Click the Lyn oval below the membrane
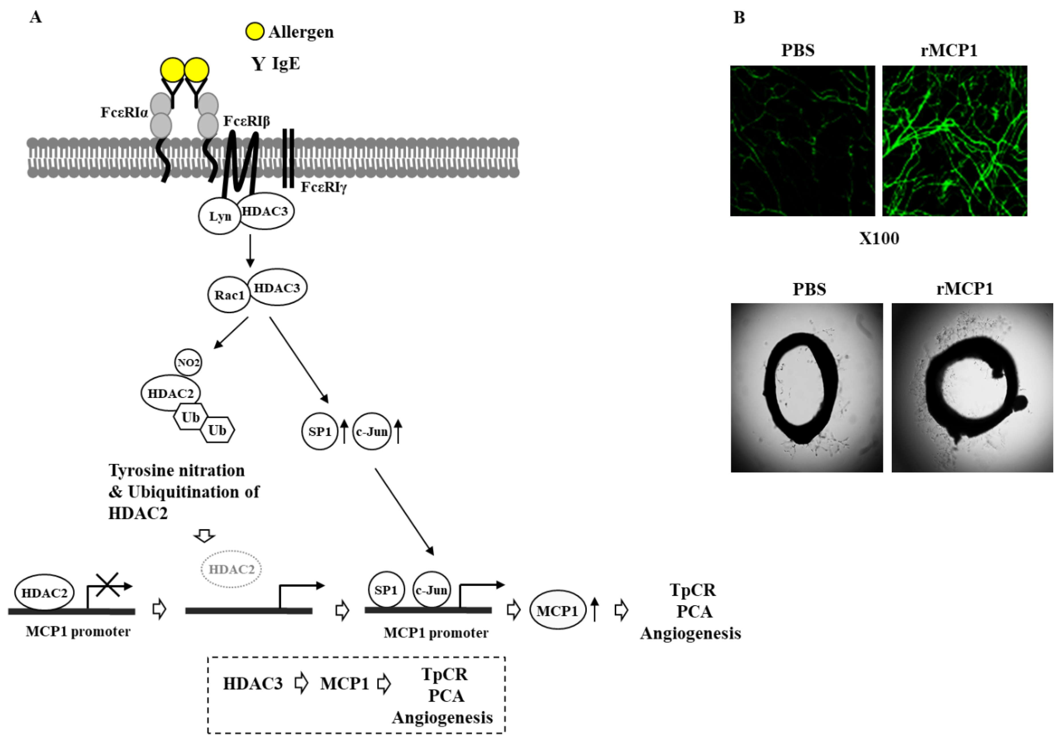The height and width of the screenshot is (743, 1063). click(219, 216)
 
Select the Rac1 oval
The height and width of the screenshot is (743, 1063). click(229, 295)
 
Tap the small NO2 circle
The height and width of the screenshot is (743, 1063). click(188, 362)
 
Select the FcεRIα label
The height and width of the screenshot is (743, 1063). click(124, 113)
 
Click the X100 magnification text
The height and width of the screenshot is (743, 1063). click(879, 239)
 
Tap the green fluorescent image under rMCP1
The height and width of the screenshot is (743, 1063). click(954, 141)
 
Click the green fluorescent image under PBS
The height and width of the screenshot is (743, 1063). click(802, 141)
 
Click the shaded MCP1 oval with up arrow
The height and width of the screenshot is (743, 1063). click(558, 610)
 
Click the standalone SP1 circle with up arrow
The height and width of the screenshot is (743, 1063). click(320, 431)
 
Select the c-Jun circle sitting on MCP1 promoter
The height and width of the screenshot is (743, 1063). click(431, 590)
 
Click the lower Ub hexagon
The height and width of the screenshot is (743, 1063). click(217, 430)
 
